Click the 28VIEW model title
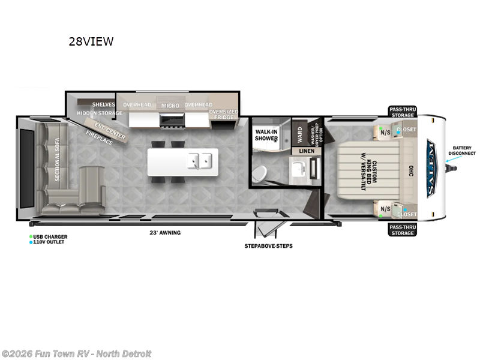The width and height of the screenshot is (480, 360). click(91, 41)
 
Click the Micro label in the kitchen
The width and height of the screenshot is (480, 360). click(170, 106)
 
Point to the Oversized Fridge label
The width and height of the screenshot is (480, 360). click(223, 114)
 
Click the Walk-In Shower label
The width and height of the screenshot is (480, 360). click(266, 134)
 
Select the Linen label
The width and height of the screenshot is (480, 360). click(307, 151)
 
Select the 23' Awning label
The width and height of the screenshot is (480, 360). click(165, 233)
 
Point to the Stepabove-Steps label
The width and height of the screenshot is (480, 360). click(268, 246)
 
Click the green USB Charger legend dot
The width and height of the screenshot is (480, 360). click(31, 236)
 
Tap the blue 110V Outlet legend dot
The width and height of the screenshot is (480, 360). click(31, 242)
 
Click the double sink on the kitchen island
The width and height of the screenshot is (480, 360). click(199, 160)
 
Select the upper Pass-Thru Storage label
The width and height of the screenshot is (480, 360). click(401, 112)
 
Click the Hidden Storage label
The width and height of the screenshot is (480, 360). click(100, 113)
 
